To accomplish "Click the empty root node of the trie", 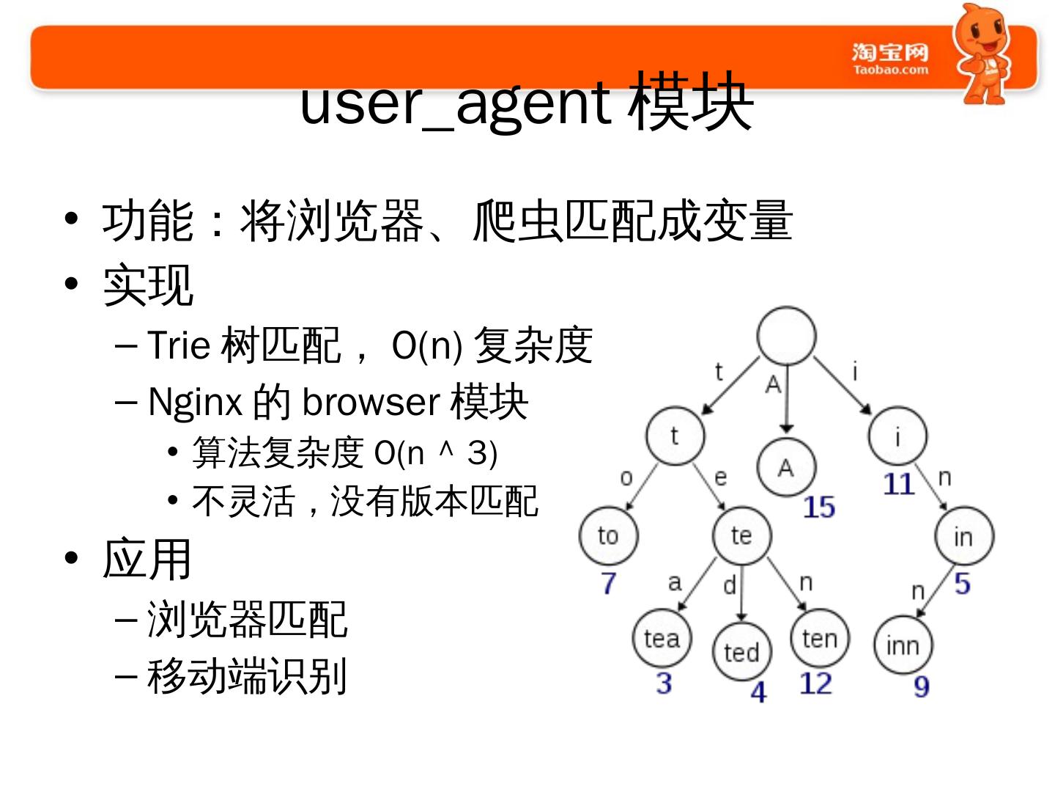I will (x=786, y=336).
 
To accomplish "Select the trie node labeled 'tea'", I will (x=662, y=638).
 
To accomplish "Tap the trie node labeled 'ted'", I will (x=741, y=651).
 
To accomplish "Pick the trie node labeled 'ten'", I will (x=820, y=638).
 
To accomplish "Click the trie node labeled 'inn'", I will (x=903, y=645).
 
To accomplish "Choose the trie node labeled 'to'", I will (x=608, y=535).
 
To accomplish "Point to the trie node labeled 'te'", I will (x=741, y=535).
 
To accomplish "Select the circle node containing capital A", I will (x=786, y=467).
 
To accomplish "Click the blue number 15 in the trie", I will (x=818, y=507).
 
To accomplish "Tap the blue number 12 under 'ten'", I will (x=815, y=683).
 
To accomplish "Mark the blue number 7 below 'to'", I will (x=609, y=583).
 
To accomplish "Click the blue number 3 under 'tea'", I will (x=664, y=683).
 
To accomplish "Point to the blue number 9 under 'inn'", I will (x=922, y=686).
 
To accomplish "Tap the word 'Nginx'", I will (x=195, y=402).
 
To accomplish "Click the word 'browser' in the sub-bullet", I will (x=371, y=402).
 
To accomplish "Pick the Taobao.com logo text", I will (x=890, y=59).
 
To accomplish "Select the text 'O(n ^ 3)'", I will (x=435, y=453).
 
